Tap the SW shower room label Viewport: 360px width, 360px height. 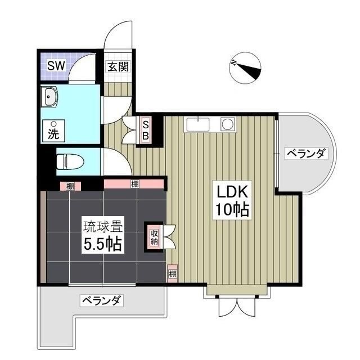55,66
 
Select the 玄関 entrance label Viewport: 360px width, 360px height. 118,66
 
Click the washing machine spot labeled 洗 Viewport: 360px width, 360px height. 53,132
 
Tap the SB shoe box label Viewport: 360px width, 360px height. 145,129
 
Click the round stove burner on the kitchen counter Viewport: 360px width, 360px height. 228,124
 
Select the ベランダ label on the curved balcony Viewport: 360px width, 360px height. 305,153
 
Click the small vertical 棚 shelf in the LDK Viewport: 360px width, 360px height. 172,275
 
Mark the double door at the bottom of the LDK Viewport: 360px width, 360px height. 236,306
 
